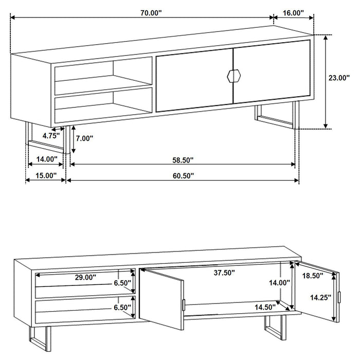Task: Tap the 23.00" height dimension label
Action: (x=339, y=78)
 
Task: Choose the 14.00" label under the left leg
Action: (x=45, y=159)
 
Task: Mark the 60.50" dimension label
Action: (x=183, y=175)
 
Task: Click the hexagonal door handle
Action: (x=233, y=76)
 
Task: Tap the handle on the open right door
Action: (x=340, y=297)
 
